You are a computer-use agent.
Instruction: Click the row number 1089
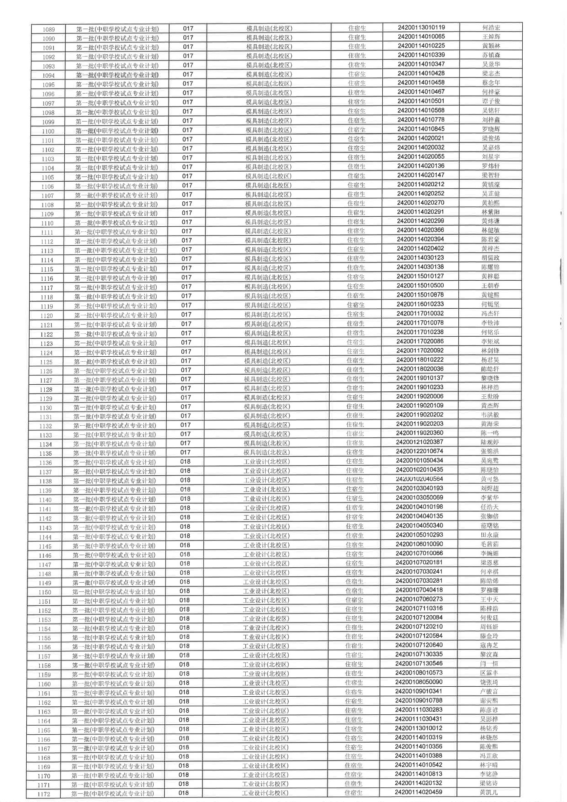tap(48, 30)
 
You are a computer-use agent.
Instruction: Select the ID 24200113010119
tap(421, 28)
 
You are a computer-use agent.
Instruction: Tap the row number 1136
tap(46, 463)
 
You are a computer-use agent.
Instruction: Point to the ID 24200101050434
tap(419, 460)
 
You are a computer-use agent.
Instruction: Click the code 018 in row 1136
tap(185, 462)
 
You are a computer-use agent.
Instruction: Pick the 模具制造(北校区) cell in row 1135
tap(267, 452)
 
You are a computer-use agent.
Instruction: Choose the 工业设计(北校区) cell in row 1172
tap(265, 793)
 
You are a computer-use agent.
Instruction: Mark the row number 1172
tap(43, 794)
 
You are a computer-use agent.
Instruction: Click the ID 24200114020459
tap(418, 792)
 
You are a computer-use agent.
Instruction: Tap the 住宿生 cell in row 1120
tap(356, 315)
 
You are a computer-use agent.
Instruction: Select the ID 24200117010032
tap(420, 313)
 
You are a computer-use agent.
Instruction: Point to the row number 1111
tap(47, 233)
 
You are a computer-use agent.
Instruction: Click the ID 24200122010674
tap(419, 451)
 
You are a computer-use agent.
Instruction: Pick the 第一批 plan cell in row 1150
tap(113, 591)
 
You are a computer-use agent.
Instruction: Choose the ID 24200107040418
tap(419, 590)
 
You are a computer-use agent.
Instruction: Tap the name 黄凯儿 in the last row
tap(488, 792)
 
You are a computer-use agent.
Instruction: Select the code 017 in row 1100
tap(188, 130)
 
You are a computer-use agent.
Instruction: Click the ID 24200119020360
tap(420, 433)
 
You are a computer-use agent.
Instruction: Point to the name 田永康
tap(489, 535)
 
